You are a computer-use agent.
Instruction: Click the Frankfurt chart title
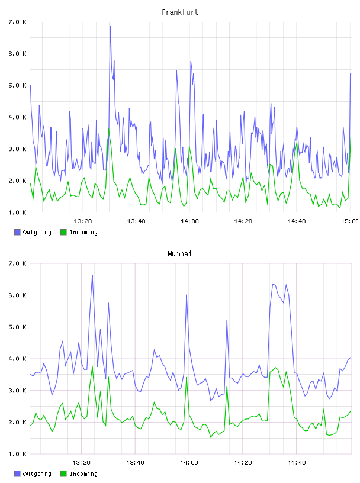coord(180,12)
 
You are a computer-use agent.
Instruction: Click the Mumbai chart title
coord(179,254)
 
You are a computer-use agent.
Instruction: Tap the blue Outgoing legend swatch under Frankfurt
coord(17,232)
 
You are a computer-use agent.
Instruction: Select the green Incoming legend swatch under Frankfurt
coord(63,232)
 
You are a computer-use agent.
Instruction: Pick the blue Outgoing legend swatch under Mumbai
coord(17,474)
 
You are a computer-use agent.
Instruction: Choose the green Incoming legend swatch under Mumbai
coord(63,474)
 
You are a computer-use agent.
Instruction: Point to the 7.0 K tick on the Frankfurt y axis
coord(18,22)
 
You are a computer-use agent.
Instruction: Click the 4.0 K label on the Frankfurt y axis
coord(18,117)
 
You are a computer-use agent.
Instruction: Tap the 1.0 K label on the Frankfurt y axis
coord(18,212)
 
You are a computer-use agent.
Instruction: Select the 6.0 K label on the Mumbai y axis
coord(18,295)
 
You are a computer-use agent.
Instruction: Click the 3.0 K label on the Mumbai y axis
coord(18,391)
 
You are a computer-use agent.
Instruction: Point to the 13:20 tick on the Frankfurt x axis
coord(83,221)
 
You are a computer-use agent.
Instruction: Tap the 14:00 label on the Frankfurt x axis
coord(189,221)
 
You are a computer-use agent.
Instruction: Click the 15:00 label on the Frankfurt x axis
coord(350,221)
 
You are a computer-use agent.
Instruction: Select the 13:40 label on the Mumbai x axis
coord(135,463)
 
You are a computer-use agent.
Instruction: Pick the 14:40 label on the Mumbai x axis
coord(297,463)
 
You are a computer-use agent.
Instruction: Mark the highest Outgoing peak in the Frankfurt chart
coord(110,27)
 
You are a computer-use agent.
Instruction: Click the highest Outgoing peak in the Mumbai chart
coord(92,275)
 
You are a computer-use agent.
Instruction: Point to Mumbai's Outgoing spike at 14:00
coord(187,295)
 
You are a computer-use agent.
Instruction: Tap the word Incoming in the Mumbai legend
coord(83,474)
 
